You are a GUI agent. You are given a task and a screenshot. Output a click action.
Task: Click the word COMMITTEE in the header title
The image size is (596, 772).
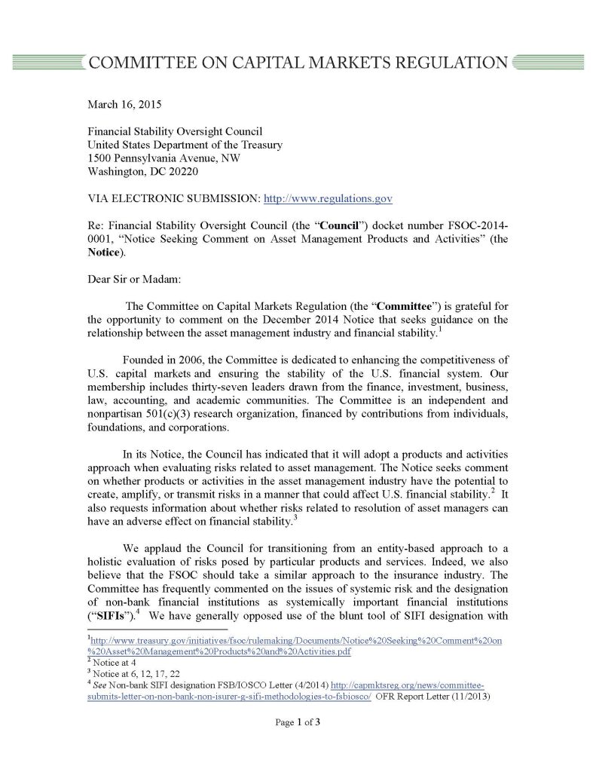click(x=148, y=63)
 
